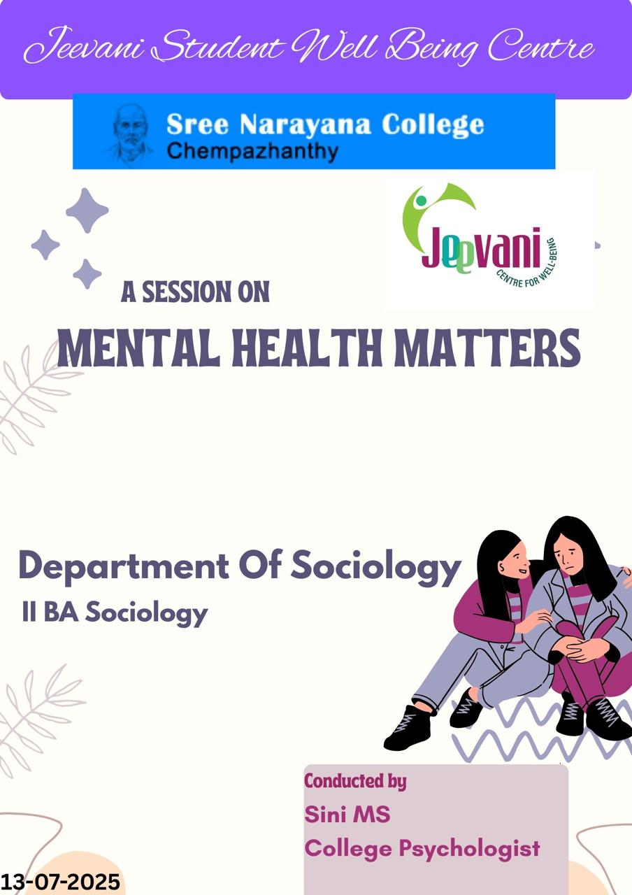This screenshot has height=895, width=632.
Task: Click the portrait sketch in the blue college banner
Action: [x=129, y=133]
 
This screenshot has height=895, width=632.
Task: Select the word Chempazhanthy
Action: [x=252, y=151]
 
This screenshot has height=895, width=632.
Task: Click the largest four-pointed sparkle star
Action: [x=87, y=210]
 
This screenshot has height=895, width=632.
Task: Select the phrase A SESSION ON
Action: [x=195, y=292]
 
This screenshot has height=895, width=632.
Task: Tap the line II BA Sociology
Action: [x=115, y=613]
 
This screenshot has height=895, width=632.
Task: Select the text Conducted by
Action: [x=355, y=780]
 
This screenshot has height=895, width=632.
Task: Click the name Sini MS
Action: [x=347, y=814]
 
